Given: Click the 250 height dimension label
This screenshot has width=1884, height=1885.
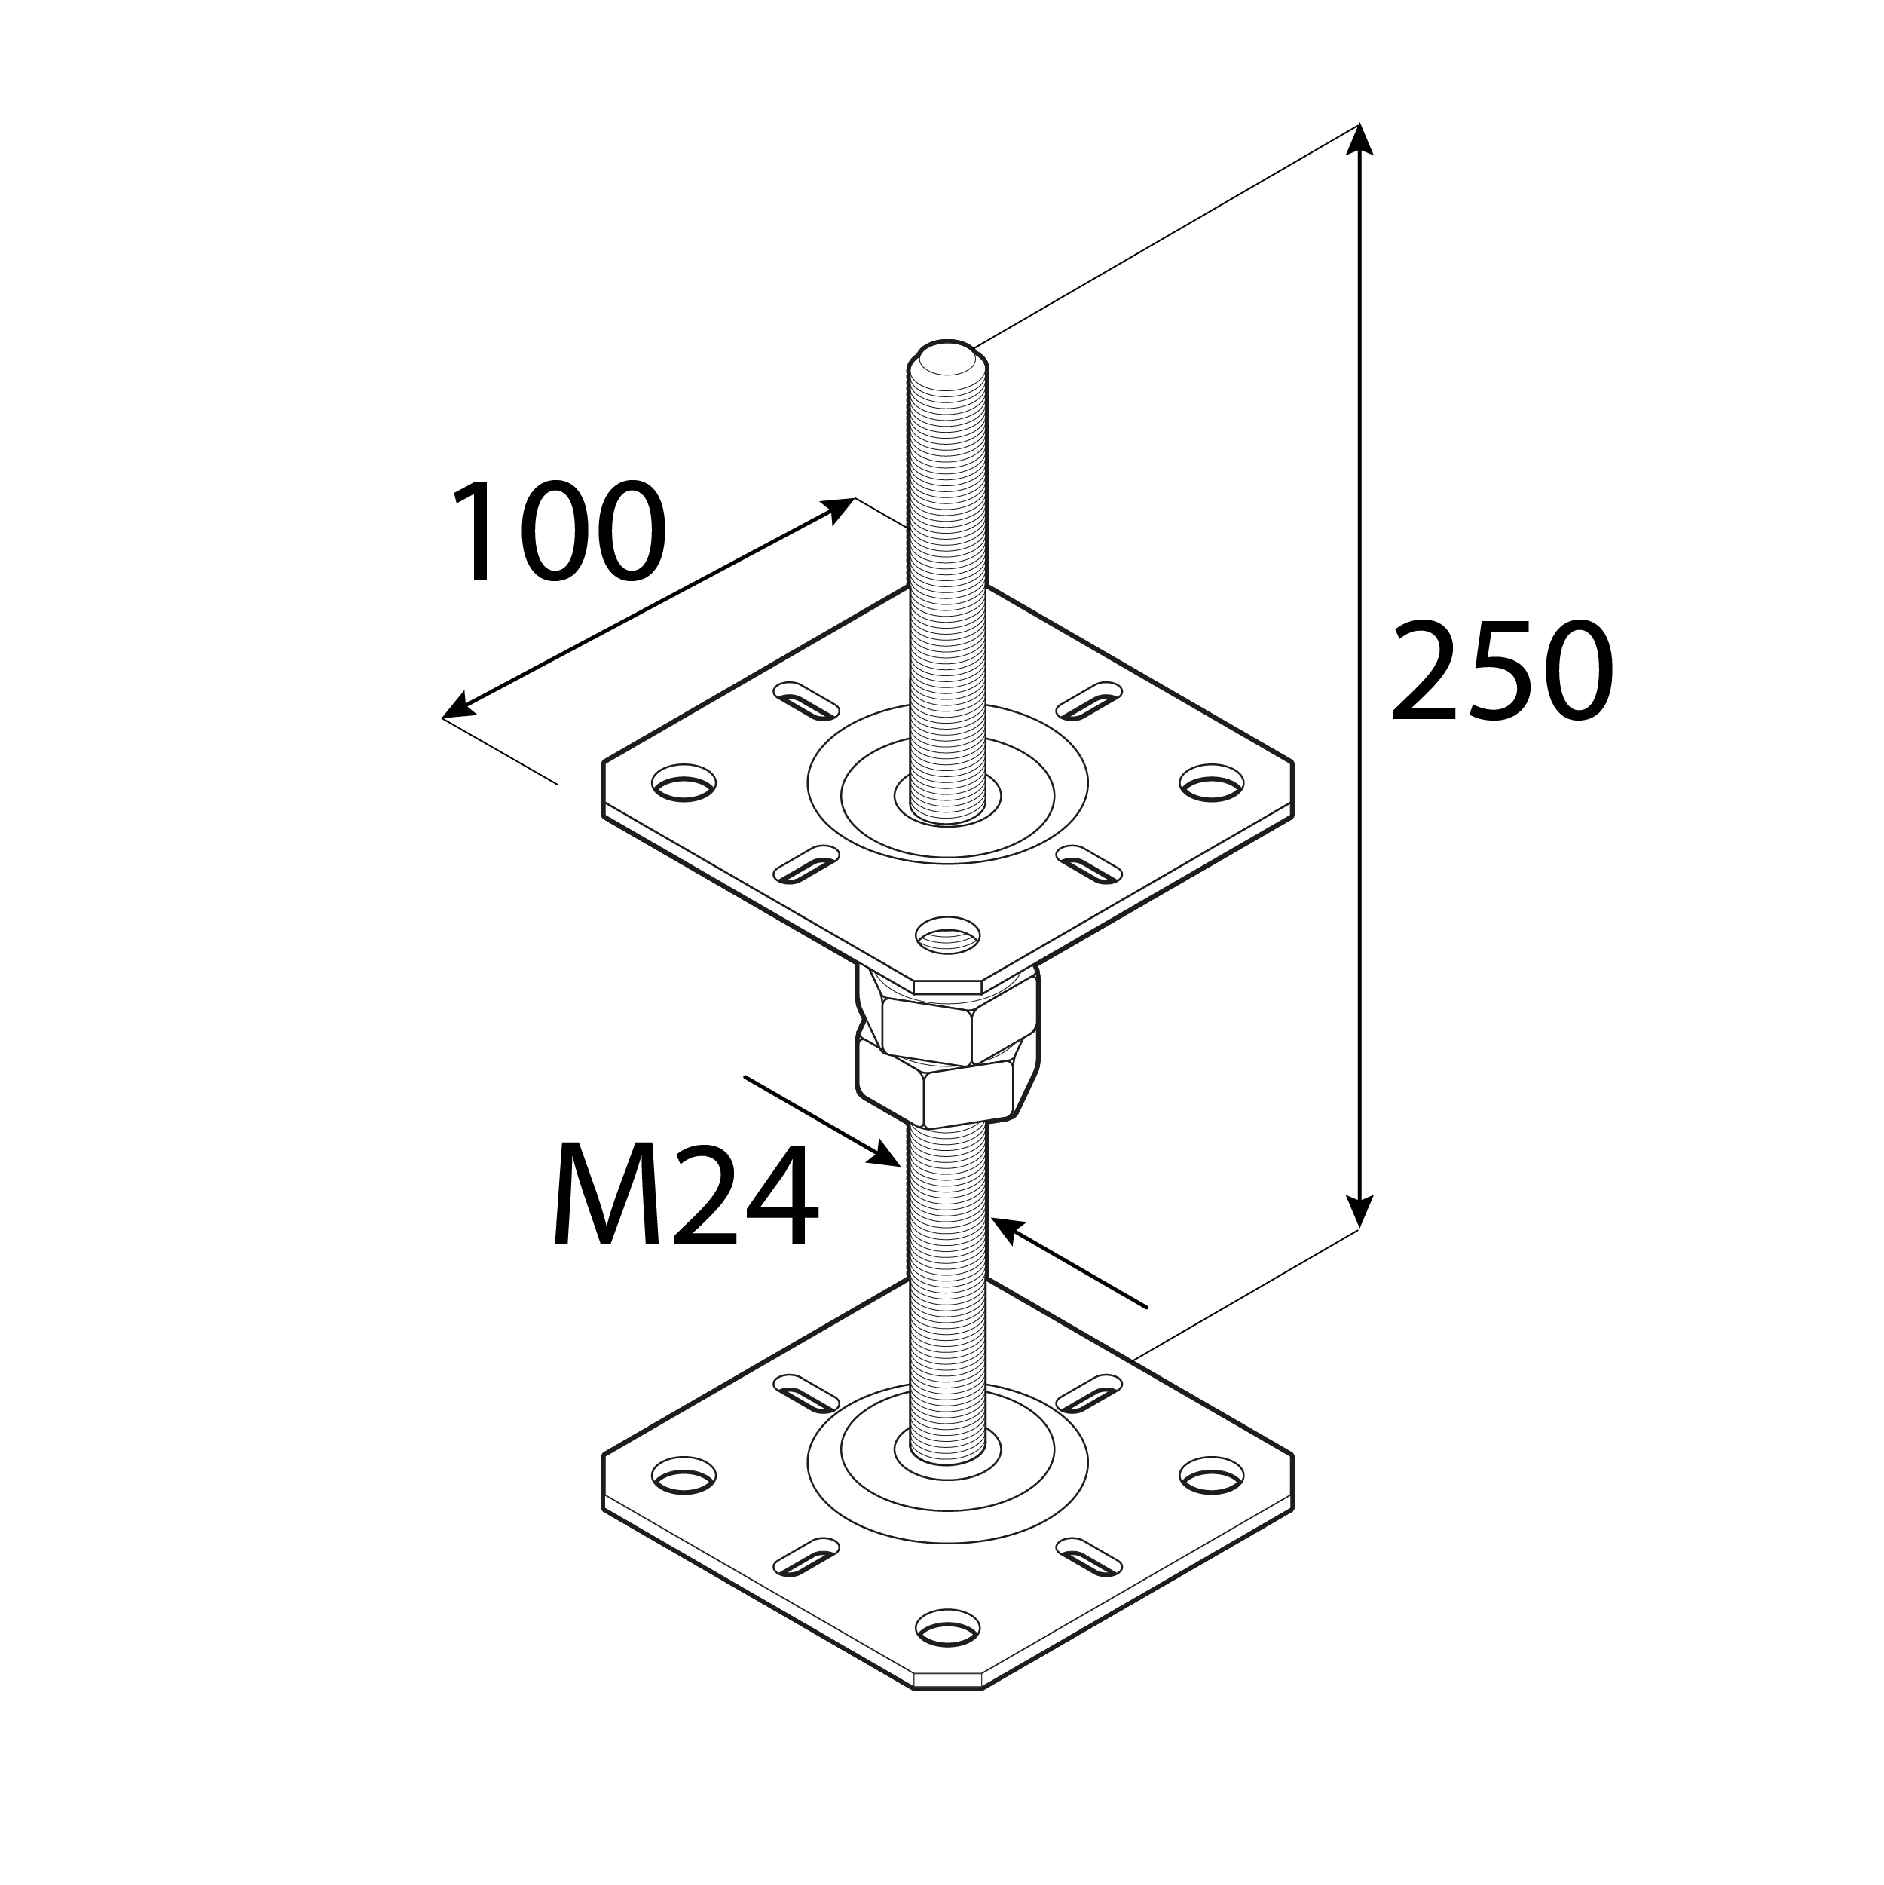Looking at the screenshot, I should (x=1500, y=672).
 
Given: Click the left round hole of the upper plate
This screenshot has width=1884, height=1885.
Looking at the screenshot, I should (x=683, y=782).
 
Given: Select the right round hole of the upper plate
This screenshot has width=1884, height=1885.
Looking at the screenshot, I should (x=1212, y=782).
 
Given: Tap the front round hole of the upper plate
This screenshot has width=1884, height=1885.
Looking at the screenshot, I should (x=947, y=935).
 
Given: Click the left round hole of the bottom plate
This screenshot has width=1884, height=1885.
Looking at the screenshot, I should (x=683, y=1503).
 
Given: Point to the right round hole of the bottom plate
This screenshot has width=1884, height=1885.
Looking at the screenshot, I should (x=1212, y=1503).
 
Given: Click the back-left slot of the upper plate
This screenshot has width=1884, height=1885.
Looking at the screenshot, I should (x=806, y=699).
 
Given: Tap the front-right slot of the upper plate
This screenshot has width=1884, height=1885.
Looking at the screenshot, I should (x=1090, y=864).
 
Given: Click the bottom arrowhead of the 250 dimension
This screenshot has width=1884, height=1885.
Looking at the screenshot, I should (x=1359, y=1210).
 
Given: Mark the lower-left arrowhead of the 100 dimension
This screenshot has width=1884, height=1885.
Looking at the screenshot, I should (x=457, y=709).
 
